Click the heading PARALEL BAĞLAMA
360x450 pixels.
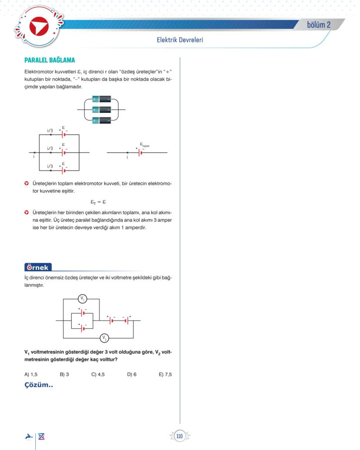pos(50,60)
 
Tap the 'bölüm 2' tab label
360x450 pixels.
pos(319,25)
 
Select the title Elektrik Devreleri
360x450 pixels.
pos(180,40)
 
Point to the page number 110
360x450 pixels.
pos(179,436)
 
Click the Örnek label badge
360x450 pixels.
pos(38,268)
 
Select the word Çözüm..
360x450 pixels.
pos(39,385)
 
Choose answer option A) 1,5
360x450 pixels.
pos(31,374)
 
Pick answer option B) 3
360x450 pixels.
pos(64,374)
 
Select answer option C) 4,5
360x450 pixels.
pos(98,374)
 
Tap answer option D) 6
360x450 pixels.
pos(132,374)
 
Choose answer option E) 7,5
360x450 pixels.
pos(165,374)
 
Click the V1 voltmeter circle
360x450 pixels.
pos(83,299)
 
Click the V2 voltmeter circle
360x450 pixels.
pos(104,338)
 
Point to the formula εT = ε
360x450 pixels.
pos(98,202)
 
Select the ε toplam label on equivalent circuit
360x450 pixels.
pos(144,144)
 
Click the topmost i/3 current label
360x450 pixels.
pos(50,131)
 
